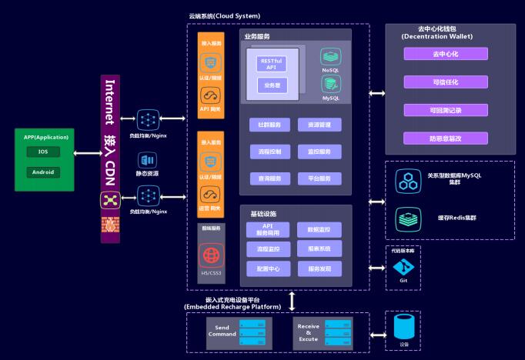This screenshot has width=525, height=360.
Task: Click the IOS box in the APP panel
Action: coord(43,152)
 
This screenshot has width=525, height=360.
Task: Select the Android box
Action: coord(43,172)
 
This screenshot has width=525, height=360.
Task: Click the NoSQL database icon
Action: coord(330,57)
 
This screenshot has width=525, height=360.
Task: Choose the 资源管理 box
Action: coord(319,125)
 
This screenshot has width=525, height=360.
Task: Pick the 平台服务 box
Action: coord(319,178)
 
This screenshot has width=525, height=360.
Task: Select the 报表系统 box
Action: coord(319,249)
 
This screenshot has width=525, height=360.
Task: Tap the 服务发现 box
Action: coord(319,268)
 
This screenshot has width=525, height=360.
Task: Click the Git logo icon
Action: coord(403,267)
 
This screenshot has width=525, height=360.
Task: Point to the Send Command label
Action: coord(222,330)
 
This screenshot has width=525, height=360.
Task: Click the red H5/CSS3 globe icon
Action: coord(210,255)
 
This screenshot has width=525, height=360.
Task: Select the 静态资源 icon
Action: coord(147,161)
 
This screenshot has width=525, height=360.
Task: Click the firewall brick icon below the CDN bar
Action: coord(109,225)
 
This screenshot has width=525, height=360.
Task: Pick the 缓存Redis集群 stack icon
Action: coord(406,218)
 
